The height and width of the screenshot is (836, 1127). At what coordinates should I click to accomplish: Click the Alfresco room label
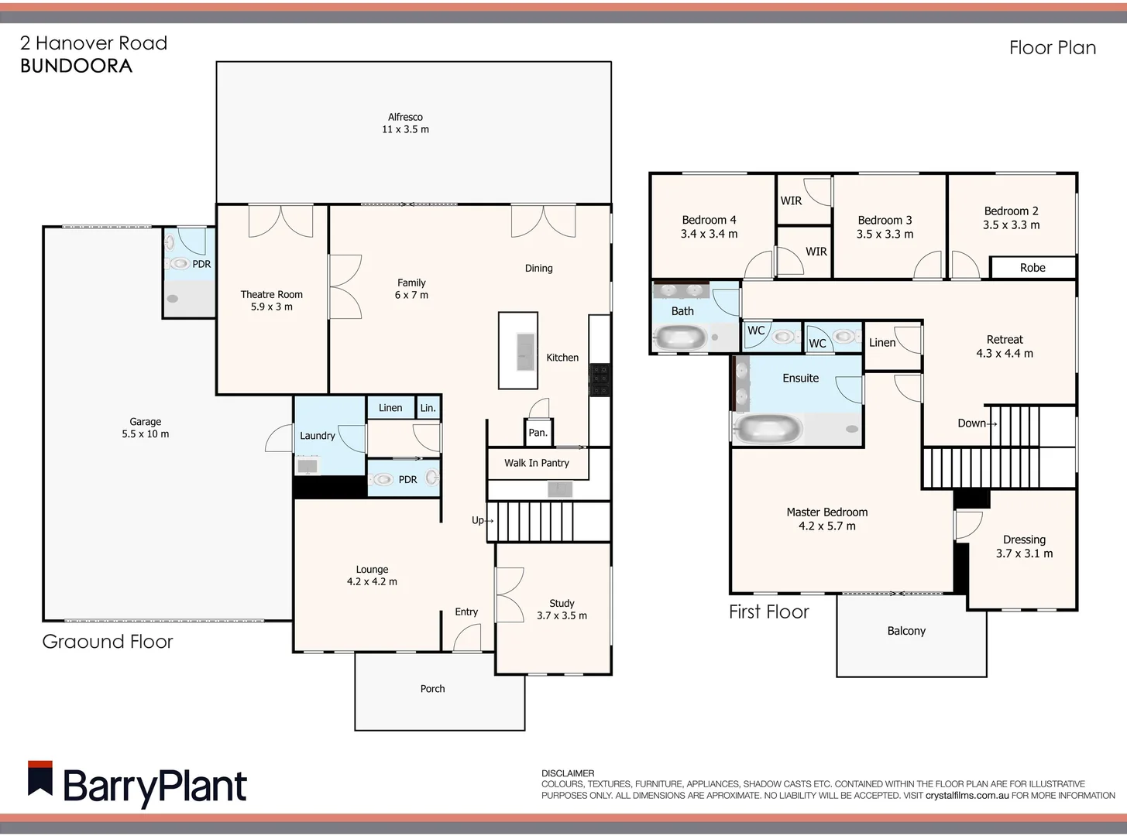[405, 123]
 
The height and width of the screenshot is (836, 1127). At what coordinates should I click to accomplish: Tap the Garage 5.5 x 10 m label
[145, 428]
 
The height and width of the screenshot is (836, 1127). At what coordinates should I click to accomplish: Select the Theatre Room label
[271, 300]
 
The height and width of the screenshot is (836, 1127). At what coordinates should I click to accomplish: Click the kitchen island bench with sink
[518, 351]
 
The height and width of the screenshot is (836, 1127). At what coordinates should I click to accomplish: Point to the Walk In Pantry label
[536, 463]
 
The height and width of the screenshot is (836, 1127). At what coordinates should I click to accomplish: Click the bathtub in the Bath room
[680, 337]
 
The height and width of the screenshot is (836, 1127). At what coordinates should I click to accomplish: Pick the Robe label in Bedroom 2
[1033, 268]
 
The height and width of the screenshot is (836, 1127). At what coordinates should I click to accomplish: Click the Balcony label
[906, 631]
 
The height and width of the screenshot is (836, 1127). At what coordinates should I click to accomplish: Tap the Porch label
[432, 689]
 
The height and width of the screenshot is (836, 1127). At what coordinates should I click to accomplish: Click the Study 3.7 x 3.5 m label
[562, 609]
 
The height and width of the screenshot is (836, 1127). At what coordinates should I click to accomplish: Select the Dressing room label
[1024, 546]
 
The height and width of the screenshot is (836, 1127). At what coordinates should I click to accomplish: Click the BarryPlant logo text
[154, 786]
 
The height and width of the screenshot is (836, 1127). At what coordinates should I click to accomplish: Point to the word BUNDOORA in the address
[76, 66]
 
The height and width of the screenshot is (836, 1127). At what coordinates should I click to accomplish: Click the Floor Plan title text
[1052, 48]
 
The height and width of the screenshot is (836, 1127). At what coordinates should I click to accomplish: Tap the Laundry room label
[318, 436]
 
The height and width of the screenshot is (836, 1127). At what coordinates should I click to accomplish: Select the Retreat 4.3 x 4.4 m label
[1004, 346]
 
